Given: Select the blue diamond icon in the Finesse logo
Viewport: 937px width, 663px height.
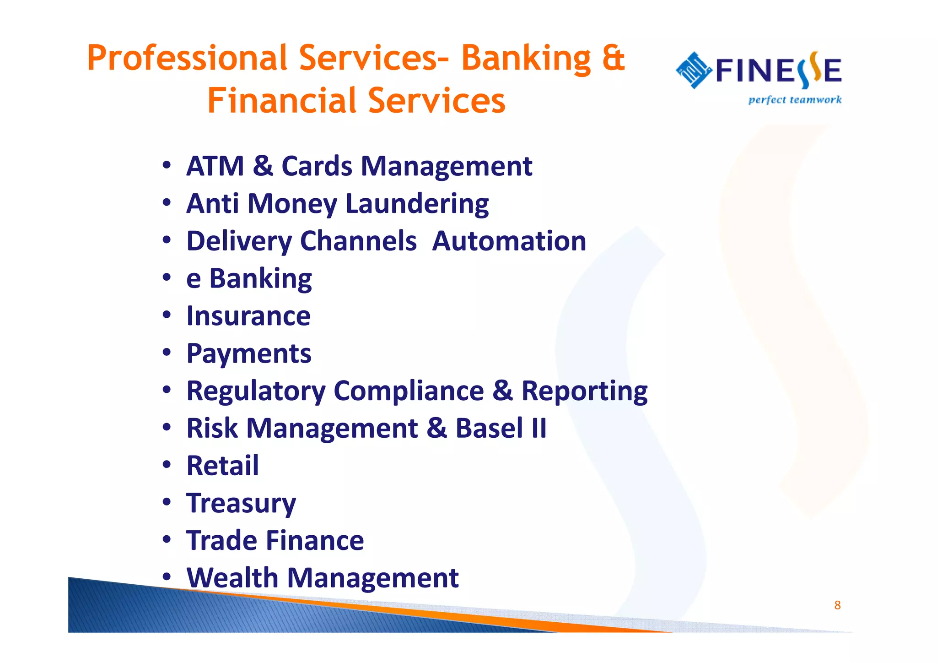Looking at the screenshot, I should tap(694, 70).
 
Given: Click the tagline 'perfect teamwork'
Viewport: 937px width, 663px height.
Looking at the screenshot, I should tap(795, 100).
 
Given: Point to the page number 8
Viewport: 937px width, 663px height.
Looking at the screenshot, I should tap(837, 605).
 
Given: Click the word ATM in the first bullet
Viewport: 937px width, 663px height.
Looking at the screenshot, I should tap(215, 166).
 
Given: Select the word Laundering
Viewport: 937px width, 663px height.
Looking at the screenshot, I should tap(417, 204).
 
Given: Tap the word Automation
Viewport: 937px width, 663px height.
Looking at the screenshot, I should tap(509, 241).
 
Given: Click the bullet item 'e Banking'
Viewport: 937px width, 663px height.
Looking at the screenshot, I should tap(249, 278).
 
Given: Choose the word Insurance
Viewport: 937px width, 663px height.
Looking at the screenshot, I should tap(248, 316).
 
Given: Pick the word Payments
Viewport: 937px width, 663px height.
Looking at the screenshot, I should tap(249, 354).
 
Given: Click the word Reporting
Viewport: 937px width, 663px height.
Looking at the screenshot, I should tap(584, 391).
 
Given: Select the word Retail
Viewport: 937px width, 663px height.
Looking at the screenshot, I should tap(222, 466).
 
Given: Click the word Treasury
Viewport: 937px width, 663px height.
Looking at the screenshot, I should tap(241, 504).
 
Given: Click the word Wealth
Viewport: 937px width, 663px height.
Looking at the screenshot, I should tap(232, 578).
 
